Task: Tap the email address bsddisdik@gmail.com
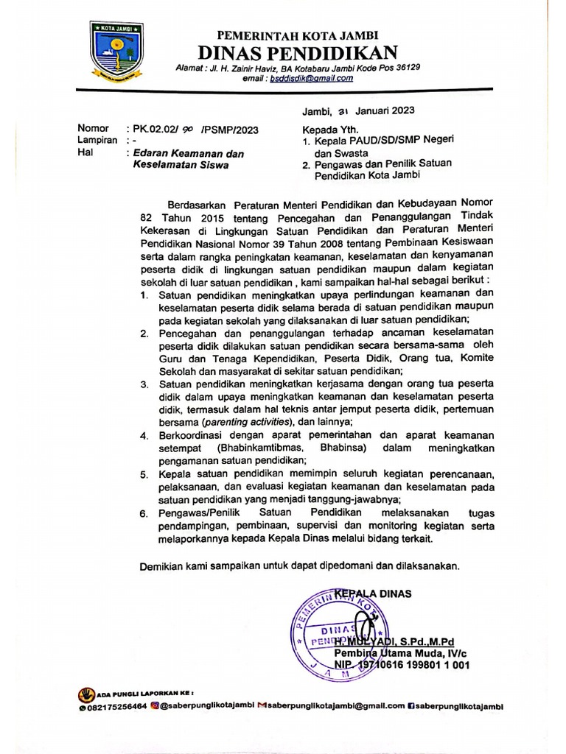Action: click(311, 78)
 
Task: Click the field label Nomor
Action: click(93, 128)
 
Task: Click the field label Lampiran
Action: click(98, 139)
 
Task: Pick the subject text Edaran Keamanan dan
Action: click(187, 153)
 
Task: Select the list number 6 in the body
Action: click(145, 512)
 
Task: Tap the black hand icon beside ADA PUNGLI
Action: click(87, 694)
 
